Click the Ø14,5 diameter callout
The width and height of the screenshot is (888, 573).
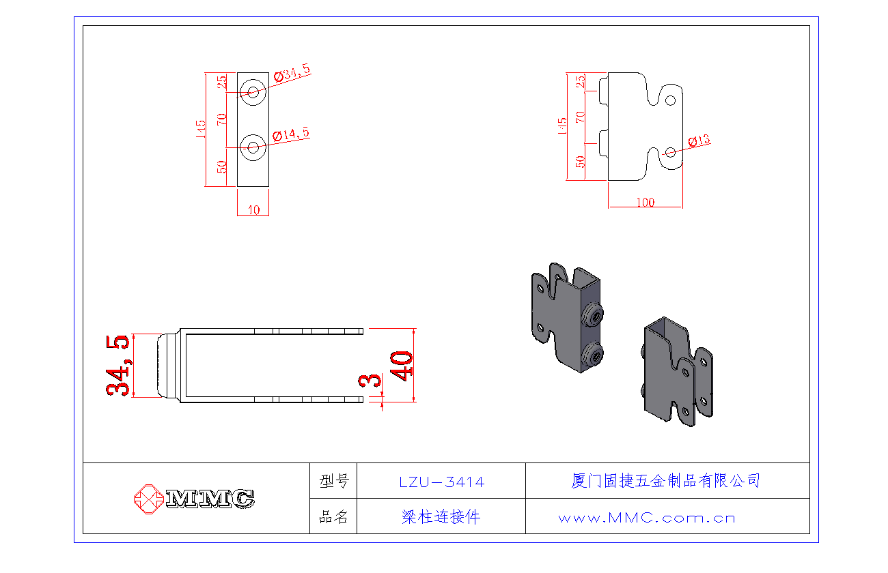pyautogui.click(x=292, y=135)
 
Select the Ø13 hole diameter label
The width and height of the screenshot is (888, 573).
pyautogui.click(x=699, y=141)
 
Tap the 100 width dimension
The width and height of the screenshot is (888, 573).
pyautogui.click(x=645, y=203)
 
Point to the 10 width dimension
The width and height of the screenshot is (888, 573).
pyautogui.click(x=253, y=210)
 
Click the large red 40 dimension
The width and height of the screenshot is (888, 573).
pyautogui.click(x=401, y=366)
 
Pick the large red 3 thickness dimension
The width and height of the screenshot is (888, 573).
pyautogui.click(x=374, y=380)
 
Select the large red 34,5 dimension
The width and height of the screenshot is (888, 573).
pyautogui.click(x=118, y=365)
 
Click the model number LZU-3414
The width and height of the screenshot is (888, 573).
pyautogui.click(x=441, y=482)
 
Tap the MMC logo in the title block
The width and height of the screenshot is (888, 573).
pyautogui.click(x=194, y=498)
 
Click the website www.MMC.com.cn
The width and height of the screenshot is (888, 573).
pyautogui.click(x=646, y=518)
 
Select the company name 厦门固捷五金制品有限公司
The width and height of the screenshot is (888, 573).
pyautogui.click(x=665, y=480)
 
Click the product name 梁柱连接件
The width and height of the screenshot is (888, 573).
pyautogui.click(x=441, y=517)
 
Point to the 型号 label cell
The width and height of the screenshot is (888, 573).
pyautogui.click(x=333, y=482)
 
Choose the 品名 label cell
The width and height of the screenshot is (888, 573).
pyautogui.click(x=333, y=517)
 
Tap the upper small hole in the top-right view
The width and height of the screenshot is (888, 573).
pyautogui.click(x=671, y=100)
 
